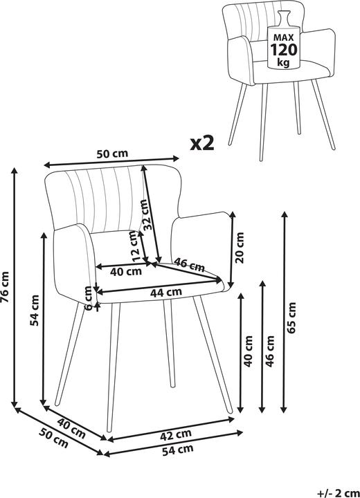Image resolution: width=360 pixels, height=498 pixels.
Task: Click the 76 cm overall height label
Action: coord(6,287)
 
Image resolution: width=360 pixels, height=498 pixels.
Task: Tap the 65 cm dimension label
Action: coord(291,317)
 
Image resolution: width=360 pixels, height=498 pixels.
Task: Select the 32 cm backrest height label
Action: coord(145,214)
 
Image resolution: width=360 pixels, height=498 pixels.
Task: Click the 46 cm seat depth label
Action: coord(190,264)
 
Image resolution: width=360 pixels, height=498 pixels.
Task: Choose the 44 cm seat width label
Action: coord(165,292)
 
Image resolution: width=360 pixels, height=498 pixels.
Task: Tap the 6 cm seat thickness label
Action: coord(89,297)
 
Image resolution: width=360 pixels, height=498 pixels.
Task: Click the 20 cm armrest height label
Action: coord(240,248)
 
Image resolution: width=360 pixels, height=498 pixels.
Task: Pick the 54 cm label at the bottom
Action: coord(178,450)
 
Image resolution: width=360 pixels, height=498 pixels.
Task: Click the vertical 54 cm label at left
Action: coord(35,311)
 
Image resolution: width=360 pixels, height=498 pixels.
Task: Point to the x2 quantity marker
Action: coord(202,143)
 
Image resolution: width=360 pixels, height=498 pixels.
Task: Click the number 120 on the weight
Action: coord(284,50)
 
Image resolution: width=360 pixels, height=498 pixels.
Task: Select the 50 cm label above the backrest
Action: coord(112,154)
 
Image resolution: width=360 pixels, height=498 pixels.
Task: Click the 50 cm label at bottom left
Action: coord(54,438)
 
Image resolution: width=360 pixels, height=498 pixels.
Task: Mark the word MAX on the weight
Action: coord(284,37)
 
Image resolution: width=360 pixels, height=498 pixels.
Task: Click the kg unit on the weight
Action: coord(283,62)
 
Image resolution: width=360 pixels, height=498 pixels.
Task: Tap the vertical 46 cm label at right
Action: coord(270,351)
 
